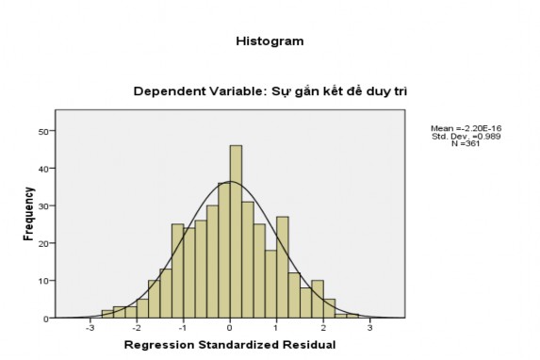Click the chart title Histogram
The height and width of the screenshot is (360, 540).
[x=270, y=41]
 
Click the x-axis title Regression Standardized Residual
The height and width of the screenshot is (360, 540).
[x=230, y=344]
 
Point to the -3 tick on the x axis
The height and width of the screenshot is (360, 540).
[x=90, y=329]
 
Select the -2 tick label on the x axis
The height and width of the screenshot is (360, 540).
[x=137, y=329]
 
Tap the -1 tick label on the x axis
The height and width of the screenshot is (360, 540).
[x=183, y=329]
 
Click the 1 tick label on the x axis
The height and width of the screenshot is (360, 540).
[x=276, y=329]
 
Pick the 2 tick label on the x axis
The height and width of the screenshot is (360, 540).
[x=323, y=329]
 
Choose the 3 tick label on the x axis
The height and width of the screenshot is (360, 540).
[x=369, y=329]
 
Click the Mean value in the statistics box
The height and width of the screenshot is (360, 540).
[x=455, y=127]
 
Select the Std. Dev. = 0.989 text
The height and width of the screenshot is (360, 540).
[x=455, y=136]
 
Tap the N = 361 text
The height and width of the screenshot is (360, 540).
[x=447, y=144]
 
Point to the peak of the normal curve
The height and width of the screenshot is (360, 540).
[x=230, y=182]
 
